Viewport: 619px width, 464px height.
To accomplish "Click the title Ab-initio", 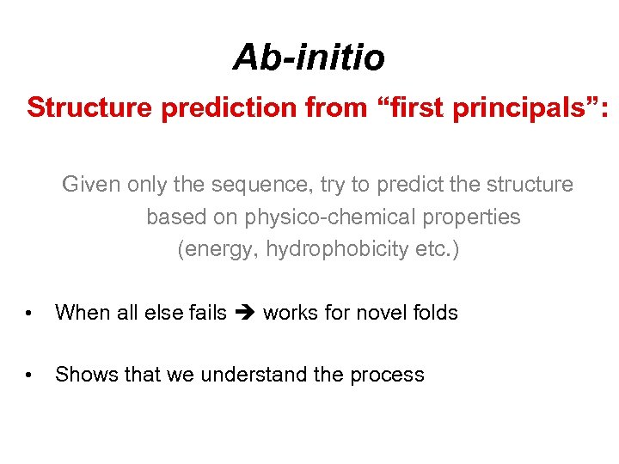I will click(309, 58).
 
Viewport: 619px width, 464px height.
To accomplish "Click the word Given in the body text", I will click(91, 185).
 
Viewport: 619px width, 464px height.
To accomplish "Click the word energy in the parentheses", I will click(221, 249).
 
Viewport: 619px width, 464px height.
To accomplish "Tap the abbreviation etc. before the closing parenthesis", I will click(437, 249).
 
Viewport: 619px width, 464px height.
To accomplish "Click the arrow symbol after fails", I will click(245, 313).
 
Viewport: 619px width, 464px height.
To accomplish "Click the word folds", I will click(435, 313).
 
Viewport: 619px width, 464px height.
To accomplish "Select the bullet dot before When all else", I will click(29, 313).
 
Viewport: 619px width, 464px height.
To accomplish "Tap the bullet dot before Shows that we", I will click(29, 375).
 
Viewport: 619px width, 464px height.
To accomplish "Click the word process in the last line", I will click(389, 375).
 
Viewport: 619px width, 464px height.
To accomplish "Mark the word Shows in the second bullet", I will click(79, 375).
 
